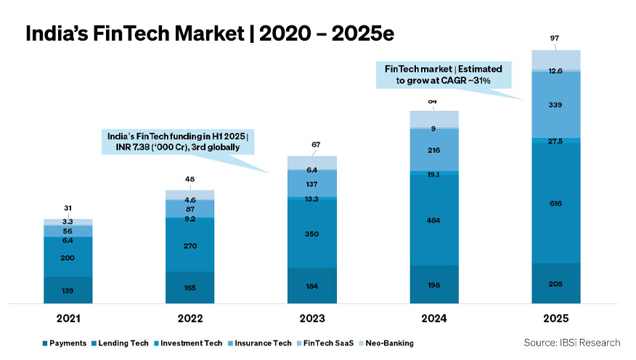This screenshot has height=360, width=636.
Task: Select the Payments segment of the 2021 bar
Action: click(x=68, y=290)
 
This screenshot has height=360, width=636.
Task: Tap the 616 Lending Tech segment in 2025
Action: click(x=556, y=204)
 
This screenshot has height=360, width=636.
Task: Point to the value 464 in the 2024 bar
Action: click(x=434, y=220)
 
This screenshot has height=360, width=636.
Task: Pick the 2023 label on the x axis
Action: click(x=312, y=319)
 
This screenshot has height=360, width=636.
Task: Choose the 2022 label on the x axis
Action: click(x=190, y=319)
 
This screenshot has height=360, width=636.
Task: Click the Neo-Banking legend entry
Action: click(x=390, y=343)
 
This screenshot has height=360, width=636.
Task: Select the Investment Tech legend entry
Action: click(x=189, y=343)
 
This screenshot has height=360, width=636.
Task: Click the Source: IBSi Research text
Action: click(x=571, y=342)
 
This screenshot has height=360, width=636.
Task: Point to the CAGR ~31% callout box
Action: click(x=448, y=75)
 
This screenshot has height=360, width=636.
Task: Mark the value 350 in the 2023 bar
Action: click(x=312, y=234)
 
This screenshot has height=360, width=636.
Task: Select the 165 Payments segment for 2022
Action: click(x=190, y=287)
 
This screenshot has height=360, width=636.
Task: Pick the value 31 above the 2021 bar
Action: click(x=68, y=209)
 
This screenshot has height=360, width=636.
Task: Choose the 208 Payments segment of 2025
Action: click(x=556, y=283)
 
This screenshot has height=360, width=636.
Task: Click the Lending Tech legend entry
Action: click(x=122, y=343)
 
